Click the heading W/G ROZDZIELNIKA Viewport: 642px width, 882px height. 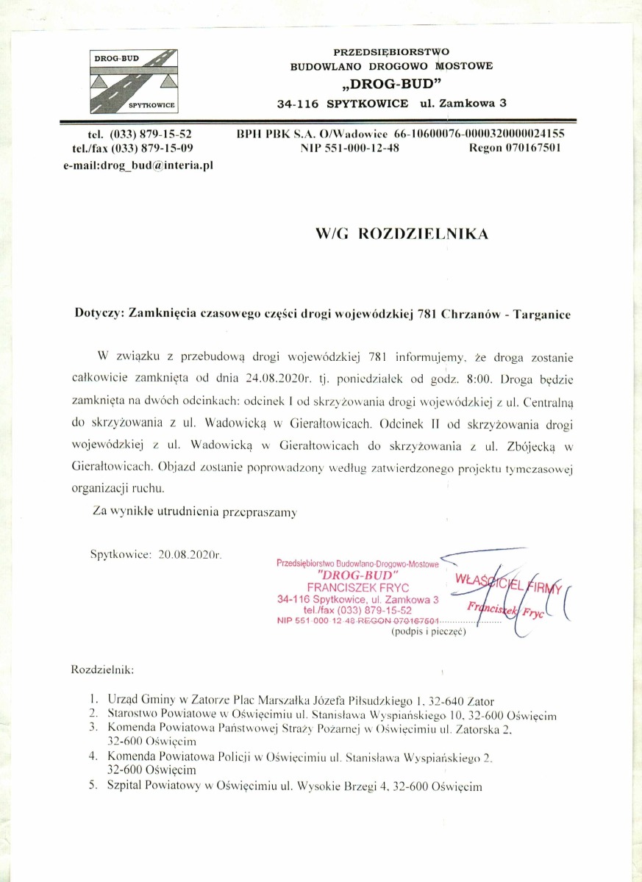click(402, 234)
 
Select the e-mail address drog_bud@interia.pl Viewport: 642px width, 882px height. click(138, 166)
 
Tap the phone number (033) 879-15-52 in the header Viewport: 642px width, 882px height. click(150, 134)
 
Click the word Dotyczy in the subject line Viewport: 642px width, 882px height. click(99, 313)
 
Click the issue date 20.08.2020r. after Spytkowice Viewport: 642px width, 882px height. click(190, 553)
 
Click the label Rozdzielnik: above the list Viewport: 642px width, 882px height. click(102, 670)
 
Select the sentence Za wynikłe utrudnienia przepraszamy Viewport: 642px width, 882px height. click(194, 512)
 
